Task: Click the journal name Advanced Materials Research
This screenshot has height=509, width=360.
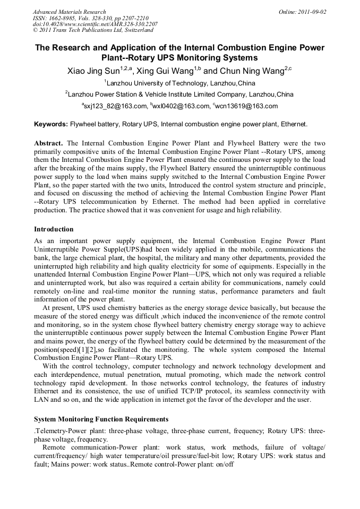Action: click(x=69, y=12)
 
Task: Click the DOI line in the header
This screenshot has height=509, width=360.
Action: click(x=95, y=24)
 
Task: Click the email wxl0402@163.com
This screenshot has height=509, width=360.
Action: click(x=182, y=106)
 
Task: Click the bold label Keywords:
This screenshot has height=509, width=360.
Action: click(x=51, y=125)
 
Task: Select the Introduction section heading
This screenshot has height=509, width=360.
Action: click(x=54, y=229)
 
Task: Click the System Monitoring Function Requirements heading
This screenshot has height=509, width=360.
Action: click(x=101, y=419)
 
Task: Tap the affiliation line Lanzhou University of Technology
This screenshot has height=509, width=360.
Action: click(x=179, y=83)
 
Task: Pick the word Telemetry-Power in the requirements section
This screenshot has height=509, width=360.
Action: click(x=57, y=431)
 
